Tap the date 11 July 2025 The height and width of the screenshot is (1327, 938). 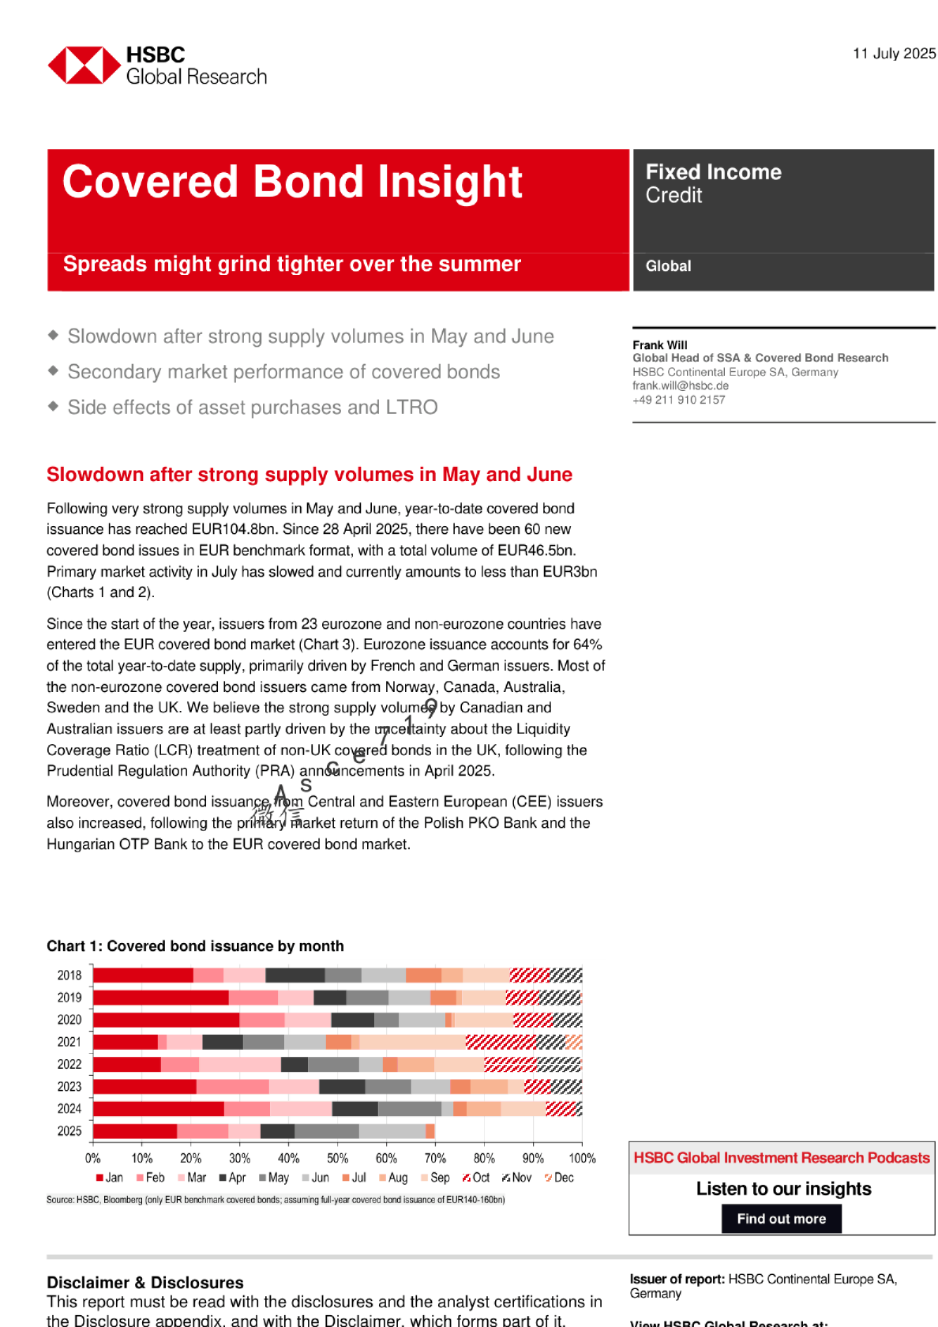click(x=894, y=54)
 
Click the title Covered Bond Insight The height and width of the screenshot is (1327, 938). click(x=292, y=182)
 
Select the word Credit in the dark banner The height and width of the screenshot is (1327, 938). click(x=673, y=196)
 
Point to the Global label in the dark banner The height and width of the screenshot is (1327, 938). click(x=668, y=266)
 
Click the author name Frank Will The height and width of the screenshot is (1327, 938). click(x=659, y=345)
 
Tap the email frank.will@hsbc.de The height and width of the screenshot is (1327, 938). click(x=680, y=385)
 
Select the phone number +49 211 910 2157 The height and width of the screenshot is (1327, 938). click(x=678, y=400)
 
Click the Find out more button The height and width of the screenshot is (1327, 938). click(x=781, y=1219)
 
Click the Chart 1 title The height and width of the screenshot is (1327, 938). click(x=195, y=946)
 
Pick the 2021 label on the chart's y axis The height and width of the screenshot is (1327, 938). click(x=69, y=1042)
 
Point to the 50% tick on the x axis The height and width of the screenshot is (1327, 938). click(x=337, y=1158)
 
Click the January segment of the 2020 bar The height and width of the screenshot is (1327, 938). click(x=166, y=1020)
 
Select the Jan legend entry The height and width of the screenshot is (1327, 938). click(x=110, y=1178)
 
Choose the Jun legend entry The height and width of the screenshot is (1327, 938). click(x=316, y=1178)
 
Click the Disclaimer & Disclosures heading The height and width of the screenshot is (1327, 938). click(x=144, y=1283)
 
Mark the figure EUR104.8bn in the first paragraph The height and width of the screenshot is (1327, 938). click(x=234, y=529)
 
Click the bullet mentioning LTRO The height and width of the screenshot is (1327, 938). click(x=252, y=408)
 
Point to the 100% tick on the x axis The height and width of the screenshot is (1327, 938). click(x=582, y=1158)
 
